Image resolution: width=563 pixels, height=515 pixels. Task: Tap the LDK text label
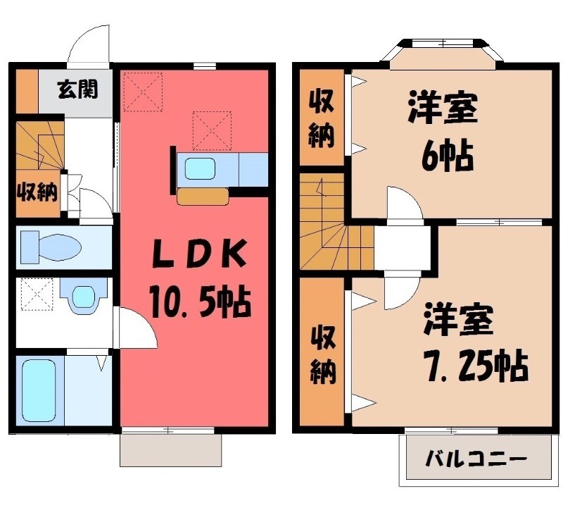[x=200, y=254]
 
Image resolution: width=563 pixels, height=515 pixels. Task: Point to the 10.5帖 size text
[x=201, y=302]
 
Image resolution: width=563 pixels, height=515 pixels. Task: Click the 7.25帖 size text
[x=476, y=366]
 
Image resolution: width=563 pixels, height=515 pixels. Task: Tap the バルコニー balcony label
[x=476, y=459]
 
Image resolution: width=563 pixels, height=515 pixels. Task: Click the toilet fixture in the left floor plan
[x=51, y=247]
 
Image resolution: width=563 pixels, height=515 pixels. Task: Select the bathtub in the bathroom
[x=39, y=390]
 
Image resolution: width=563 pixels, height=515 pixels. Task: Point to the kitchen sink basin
[x=200, y=169]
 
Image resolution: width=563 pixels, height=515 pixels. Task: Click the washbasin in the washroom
[x=84, y=295]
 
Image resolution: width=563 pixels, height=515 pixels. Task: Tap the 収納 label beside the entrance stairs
[x=37, y=192]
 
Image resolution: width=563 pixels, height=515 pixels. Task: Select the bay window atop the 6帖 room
[x=443, y=49]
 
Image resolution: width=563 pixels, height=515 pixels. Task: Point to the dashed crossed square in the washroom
[x=37, y=294]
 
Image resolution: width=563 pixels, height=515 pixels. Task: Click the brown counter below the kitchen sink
[x=203, y=197]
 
